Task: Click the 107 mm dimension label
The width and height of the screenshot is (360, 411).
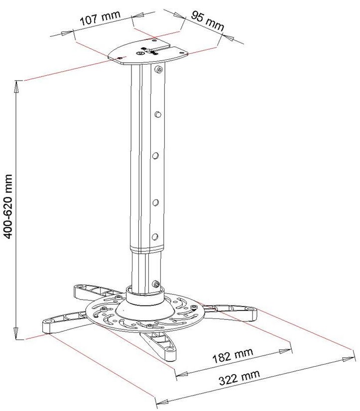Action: (x=100, y=19)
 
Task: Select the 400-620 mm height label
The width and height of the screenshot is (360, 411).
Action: (x=8, y=206)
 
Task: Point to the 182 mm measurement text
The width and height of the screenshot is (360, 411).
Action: (x=233, y=355)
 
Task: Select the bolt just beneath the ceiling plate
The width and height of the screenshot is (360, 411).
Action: (x=159, y=70)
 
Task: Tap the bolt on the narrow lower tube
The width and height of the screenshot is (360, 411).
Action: (x=157, y=285)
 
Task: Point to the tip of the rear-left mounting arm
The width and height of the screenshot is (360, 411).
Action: (x=79, y=289)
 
